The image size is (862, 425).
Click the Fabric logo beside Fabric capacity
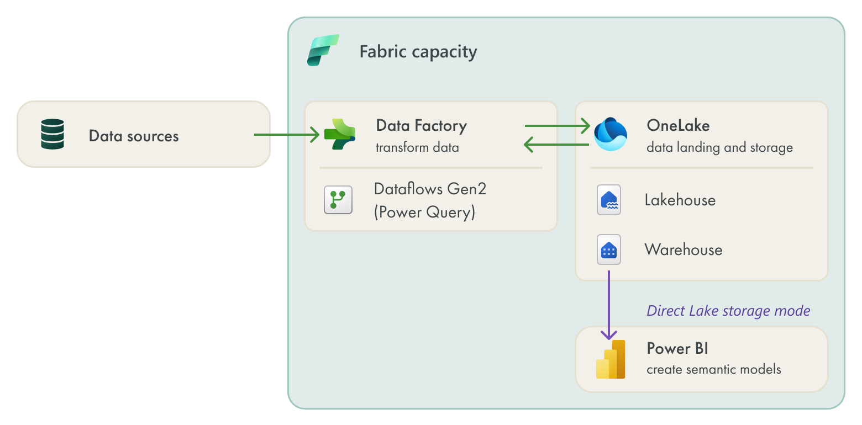pos(323,51)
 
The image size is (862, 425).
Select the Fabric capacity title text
pos(418,52)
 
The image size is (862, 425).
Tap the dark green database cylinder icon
pos(52,134)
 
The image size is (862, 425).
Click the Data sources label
pos(134,136)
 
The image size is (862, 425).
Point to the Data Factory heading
pos(421,126)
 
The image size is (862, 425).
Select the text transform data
pos(417,148)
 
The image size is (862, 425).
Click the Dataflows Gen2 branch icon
pos(338,200)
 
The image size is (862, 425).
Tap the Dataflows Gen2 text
pos(430,189)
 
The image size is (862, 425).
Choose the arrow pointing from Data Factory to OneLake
pos(557,126)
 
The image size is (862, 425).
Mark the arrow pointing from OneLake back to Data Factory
pos(557,145)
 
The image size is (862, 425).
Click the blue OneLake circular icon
pos(610,134)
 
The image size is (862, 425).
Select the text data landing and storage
pos(719,148)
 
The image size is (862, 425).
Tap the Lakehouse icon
pos(609,200)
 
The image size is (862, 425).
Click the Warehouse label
pos(683,249)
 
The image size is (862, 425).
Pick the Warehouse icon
pos(609,249)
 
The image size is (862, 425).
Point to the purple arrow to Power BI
pos(609,304)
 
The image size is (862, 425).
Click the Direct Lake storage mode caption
pos(728,311)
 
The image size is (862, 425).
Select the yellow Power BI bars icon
pos(611,359)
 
